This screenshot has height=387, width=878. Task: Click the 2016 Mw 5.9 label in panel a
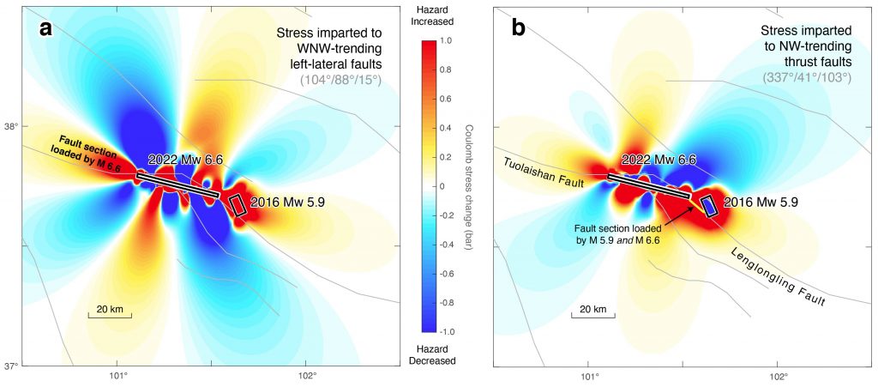click(x=292, y=203)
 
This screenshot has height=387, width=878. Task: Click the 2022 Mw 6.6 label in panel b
click(x=657, y=160)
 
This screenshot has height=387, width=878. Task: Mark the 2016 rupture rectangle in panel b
click(x=709, y=206)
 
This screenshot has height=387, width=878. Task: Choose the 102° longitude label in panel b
click(x=778, y=375)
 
